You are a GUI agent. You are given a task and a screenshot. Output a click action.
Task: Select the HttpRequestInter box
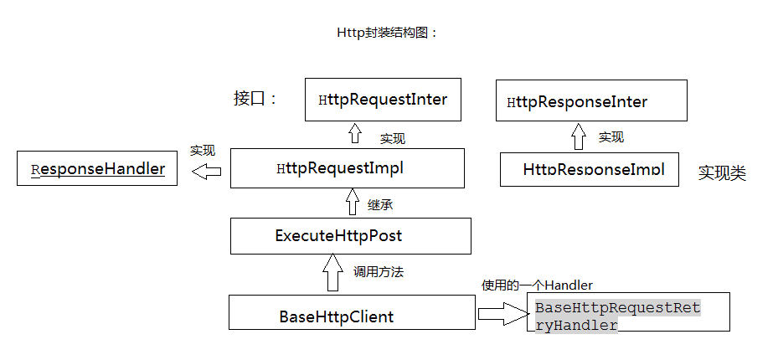point(383,100)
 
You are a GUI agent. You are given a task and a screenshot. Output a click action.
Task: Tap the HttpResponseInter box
point(591,101)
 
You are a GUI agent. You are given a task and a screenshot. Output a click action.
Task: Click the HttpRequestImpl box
point(347,168)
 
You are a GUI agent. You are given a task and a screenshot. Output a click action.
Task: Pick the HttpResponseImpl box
point(589,169)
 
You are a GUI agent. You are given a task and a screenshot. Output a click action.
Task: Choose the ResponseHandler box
point(97,169)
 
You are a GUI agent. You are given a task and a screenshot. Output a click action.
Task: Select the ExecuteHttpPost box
point(350,236)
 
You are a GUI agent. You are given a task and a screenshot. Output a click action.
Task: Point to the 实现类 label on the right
point(722,173)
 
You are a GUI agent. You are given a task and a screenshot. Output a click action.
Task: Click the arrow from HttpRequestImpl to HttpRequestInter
point(354,134)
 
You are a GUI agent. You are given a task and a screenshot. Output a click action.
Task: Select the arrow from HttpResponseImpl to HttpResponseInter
point(578,136)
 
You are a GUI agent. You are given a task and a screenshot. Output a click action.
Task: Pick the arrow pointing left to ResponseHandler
point(206,171)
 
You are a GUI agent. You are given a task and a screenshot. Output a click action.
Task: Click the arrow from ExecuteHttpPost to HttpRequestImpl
point(353,203)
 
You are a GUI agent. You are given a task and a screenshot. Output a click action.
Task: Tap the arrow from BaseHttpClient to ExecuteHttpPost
point(332,273)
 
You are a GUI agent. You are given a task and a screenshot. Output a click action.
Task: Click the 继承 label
point(380,204)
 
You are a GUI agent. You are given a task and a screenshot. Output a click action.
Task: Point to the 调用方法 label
point(379,272)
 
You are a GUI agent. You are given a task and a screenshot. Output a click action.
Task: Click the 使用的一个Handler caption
point(537,285)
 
